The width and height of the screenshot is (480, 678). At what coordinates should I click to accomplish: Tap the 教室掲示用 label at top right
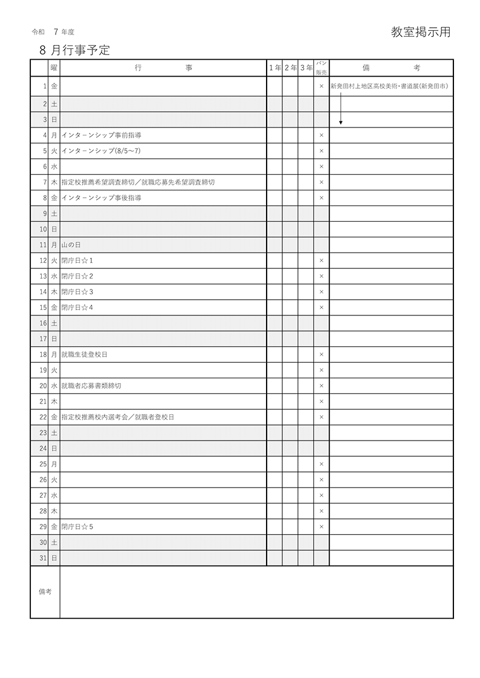click(421, 33)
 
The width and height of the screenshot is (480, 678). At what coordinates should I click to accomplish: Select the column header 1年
click(275, 68)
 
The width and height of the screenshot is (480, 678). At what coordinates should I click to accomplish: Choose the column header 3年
click(306, 68)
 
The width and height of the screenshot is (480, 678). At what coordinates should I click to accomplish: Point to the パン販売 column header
click(321, 68)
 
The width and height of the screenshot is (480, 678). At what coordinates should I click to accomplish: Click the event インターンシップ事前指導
click(102, 135)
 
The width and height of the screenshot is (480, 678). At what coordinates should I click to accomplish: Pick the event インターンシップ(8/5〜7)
click(101, 151)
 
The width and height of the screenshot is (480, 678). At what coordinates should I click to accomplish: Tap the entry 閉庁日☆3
click(77, 292)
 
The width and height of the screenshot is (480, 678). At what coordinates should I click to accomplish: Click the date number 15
click(43, 308)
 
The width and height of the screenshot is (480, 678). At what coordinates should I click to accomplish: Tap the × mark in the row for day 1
click(322, 87)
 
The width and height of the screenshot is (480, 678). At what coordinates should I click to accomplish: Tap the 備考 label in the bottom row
click(45, 592)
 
